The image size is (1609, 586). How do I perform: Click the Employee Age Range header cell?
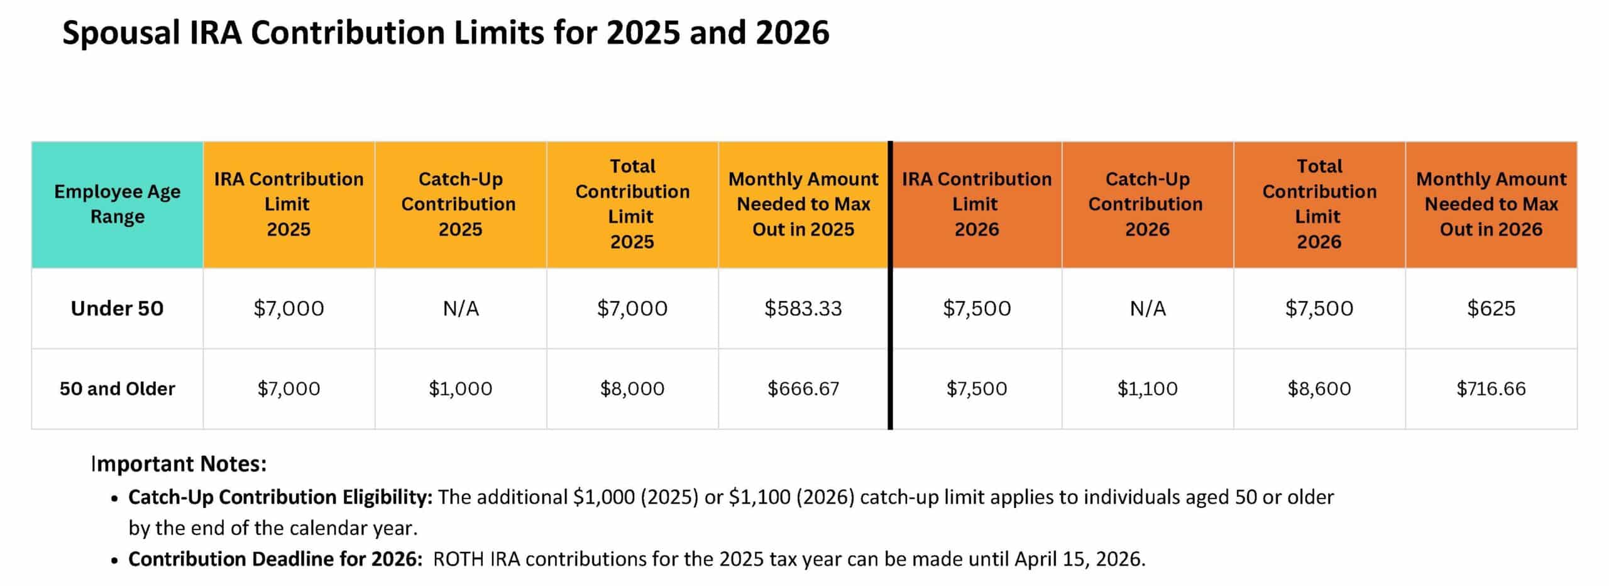(117, 204)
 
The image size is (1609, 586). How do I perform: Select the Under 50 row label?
(117, 308)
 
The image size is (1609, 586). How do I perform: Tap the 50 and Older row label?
(117, 389)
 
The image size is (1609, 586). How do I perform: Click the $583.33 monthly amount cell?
(803, 308)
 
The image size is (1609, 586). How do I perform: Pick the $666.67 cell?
(803, 389)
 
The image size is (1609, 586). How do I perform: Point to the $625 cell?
(1491, 308)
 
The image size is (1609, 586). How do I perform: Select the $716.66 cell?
(1491, 389)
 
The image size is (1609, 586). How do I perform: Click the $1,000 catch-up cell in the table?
(460, 389)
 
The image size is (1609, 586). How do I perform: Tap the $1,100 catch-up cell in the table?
(1147, 389)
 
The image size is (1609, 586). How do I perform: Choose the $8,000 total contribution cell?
(632, 389)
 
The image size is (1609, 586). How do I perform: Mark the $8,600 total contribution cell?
(1319, 389)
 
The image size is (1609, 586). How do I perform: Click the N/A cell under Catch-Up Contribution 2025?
(460, 308)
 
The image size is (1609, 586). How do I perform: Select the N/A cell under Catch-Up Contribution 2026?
(1147, 308)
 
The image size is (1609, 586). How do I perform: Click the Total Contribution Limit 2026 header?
(1319, 204)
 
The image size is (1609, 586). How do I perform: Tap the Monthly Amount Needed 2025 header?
(803, 204)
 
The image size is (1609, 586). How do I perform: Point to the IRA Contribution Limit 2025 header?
(288, 204)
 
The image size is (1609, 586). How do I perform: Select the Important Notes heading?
(179, 464)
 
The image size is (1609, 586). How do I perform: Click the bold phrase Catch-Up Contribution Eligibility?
(280, 497)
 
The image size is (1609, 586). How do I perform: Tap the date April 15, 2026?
(1079, 559)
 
